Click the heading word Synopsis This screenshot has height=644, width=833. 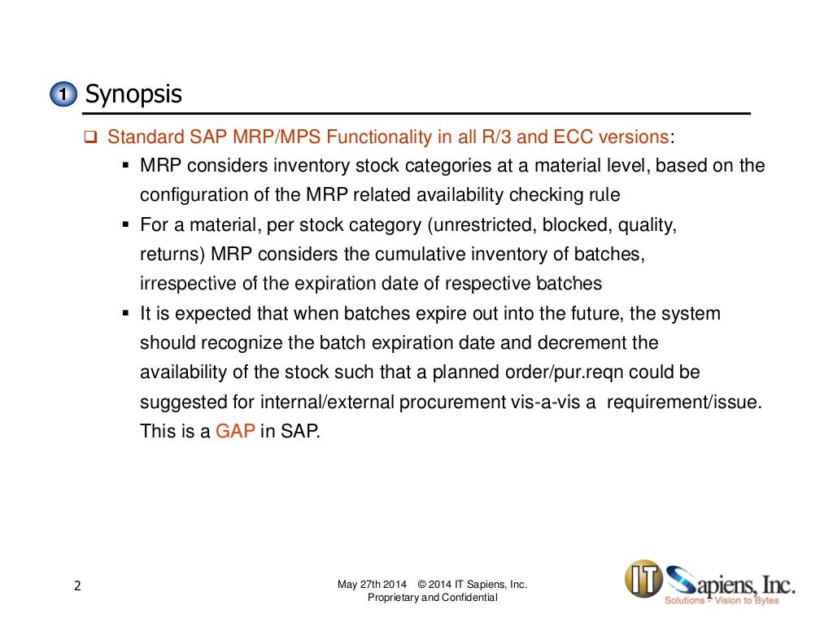point(133,94)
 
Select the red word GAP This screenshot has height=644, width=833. point(235,432)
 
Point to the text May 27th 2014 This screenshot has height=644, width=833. point(372,585)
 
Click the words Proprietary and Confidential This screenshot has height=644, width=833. point(432,598)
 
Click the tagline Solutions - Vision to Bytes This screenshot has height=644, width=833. point(722,600)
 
